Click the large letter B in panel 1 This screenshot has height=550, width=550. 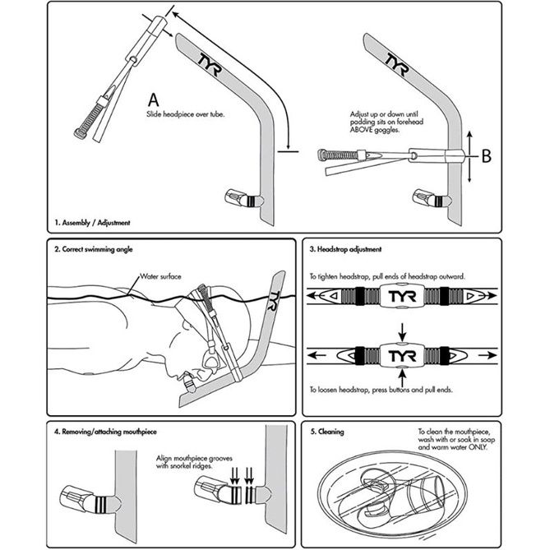pos(486,154)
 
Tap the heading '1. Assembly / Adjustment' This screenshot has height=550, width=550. pos(93,223)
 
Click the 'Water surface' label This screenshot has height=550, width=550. pos(162,277)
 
